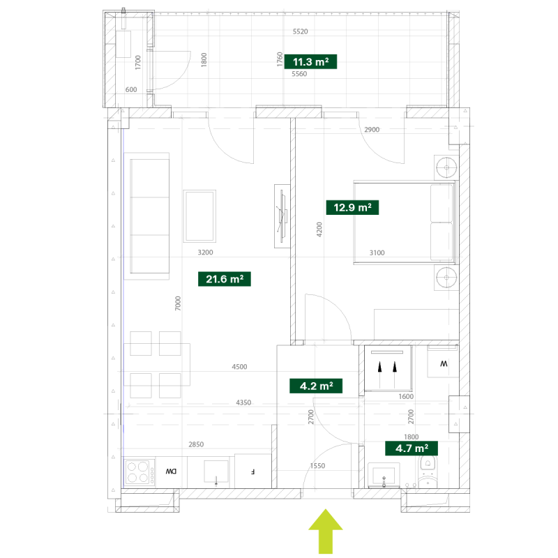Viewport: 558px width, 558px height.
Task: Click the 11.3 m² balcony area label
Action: (310, 61)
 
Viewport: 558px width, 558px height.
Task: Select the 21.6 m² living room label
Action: (225, 279)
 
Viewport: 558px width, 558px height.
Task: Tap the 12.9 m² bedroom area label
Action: (352, 207)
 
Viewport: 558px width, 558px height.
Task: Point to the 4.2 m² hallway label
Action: (316, 386)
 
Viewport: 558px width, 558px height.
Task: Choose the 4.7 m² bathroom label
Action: (412, 448)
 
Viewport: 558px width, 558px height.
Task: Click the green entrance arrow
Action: (326, 531)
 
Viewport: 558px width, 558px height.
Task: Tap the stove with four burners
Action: (139, 472)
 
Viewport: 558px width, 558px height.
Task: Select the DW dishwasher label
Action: (171, 472)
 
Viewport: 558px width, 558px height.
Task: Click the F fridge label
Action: (252, 472)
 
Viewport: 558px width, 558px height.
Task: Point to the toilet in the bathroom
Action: (428, 472)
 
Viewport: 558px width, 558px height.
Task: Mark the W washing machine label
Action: (444, 363)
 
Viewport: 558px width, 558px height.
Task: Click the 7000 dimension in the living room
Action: (178, 303)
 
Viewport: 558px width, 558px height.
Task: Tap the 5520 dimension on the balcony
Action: (301, 31)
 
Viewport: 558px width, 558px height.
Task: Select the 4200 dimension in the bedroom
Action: (319, 229)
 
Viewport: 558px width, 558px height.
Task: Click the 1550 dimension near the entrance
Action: (317, 465)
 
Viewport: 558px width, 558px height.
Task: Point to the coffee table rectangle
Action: (199, 216)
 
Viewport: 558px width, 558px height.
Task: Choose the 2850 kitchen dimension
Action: (196, 444)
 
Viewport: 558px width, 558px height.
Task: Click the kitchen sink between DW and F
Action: (216, 472)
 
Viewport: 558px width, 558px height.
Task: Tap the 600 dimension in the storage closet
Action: (131, 89)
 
